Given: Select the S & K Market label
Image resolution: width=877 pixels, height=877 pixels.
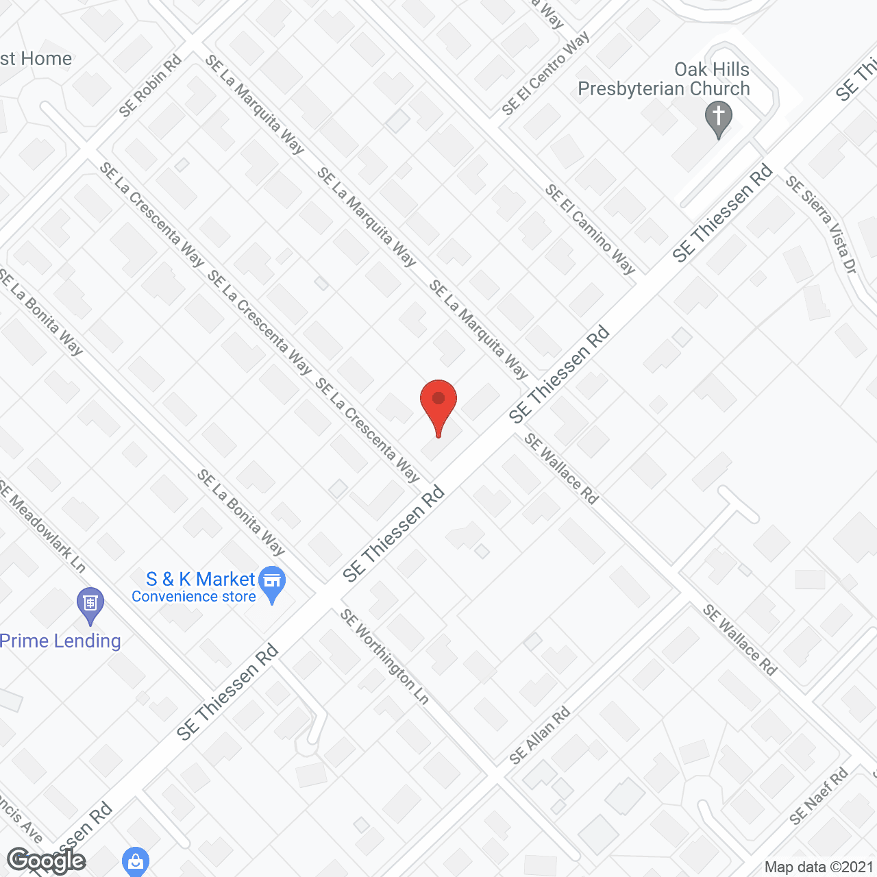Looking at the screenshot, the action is [x=200, y=580].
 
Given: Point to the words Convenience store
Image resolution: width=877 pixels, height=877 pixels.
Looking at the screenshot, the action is [x=194, y=597].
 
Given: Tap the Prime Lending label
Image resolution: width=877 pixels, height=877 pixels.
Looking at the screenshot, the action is [x=60, y=641].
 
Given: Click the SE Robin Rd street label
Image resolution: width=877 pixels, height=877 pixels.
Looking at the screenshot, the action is [x=150, y=86].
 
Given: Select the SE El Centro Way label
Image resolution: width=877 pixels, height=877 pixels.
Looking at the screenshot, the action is [x=545, y=74].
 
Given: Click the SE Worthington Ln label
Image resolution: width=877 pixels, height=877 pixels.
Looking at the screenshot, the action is [x=385, y=656].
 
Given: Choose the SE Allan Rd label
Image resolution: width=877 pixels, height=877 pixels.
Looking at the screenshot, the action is [x=540, y=736].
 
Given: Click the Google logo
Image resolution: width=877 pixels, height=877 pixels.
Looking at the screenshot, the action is [x=46, y=861].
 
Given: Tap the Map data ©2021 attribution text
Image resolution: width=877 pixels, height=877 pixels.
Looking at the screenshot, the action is [x=819, y=867].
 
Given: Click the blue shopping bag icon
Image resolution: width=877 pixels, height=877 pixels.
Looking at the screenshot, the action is [x=135, y=861].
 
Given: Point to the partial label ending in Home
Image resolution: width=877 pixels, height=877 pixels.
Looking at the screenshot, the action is [x=36, y=59].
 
